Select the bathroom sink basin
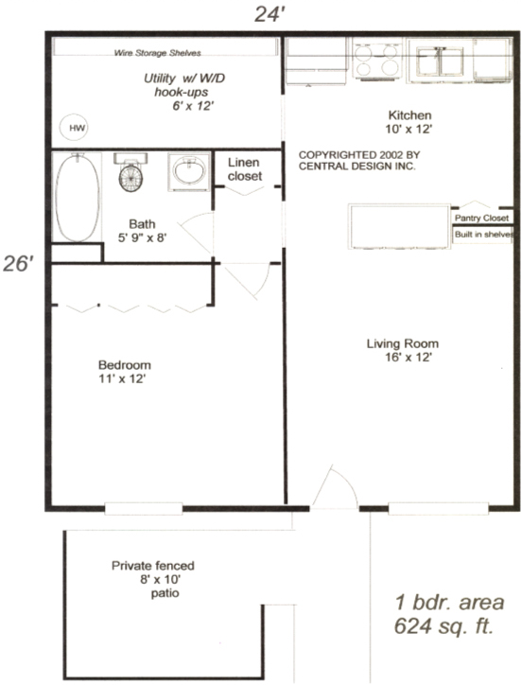click(x=188, y=171)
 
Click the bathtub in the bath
click(x=75, y=196)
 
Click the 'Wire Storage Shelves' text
click(x=157, y=53)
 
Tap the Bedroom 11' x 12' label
click(x=124, y=371)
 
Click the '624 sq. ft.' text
click(x=443, y=626)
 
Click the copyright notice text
click(x=356, y=159)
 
